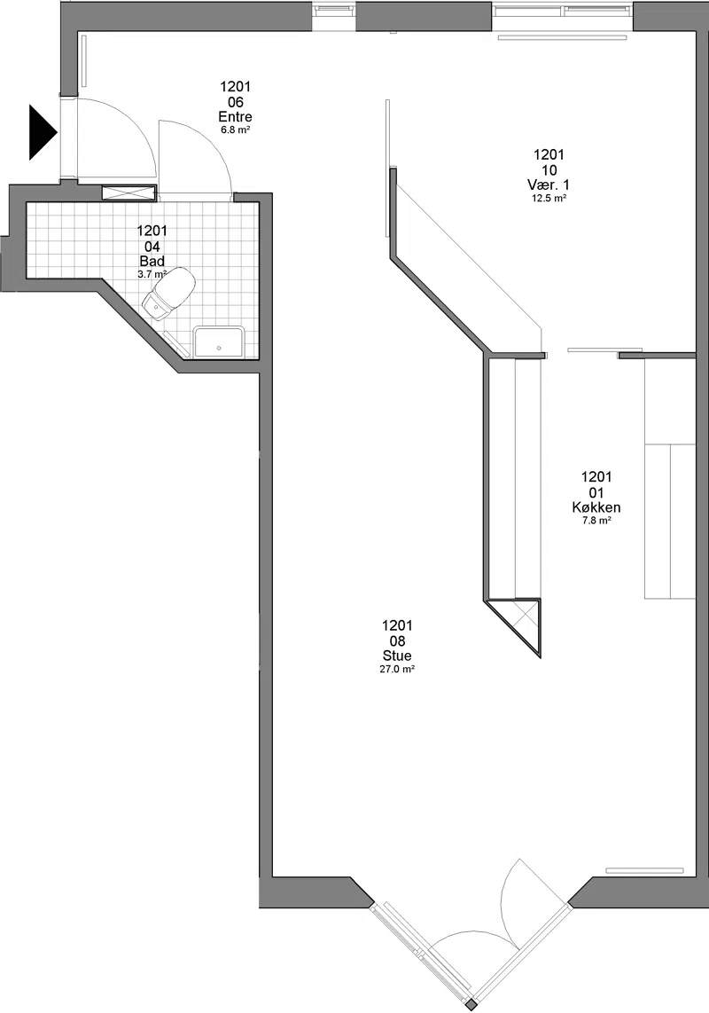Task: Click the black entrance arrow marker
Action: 42,132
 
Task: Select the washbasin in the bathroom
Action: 219,342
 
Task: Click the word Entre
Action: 235,117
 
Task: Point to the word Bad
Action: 152,261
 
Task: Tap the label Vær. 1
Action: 549,185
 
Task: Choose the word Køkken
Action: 596,507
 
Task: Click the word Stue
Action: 396,656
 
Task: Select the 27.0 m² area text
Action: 396,670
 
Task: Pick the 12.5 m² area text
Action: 549,199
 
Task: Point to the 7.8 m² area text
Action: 596,521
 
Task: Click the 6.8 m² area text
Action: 235,130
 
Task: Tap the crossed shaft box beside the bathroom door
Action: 129,192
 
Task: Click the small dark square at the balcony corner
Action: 472,1005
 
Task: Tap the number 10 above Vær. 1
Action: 549,170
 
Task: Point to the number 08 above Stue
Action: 396,641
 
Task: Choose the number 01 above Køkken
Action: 596,493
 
